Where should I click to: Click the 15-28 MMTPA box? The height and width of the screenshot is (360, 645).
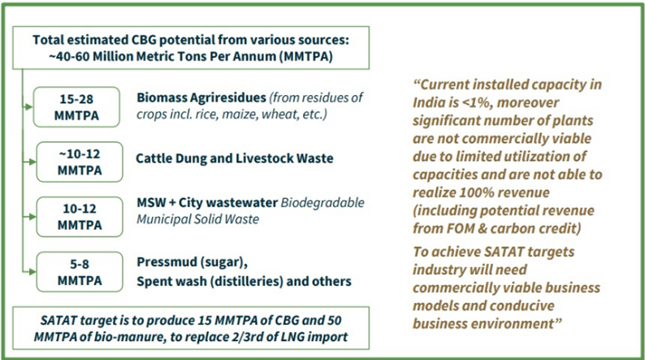(x=76, y=107)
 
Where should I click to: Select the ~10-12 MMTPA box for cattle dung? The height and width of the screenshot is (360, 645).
(x=80, y=162)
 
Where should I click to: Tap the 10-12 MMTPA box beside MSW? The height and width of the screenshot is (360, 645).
(x=80, y=217)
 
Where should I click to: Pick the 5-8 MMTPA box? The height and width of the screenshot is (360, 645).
(x=80, y=272)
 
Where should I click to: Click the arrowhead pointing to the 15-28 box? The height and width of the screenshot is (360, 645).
(x=28, y=107)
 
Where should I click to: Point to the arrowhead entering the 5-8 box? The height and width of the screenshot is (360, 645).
(x=31, y=272)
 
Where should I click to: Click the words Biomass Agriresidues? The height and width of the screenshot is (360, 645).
(x=201, y=98)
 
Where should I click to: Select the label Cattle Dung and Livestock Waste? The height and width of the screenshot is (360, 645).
(x=235, y=158)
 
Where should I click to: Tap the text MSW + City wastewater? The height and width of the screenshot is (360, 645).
(x=207, y=202)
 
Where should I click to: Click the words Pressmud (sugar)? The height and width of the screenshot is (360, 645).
(x=192, y=262)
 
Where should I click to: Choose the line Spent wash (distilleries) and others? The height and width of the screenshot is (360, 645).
(x=244, y=281)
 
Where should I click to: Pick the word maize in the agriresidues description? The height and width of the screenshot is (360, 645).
(x=237, y=115)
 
